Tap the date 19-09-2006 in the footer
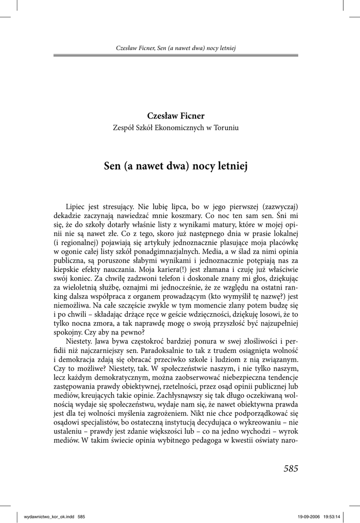point(308,516)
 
